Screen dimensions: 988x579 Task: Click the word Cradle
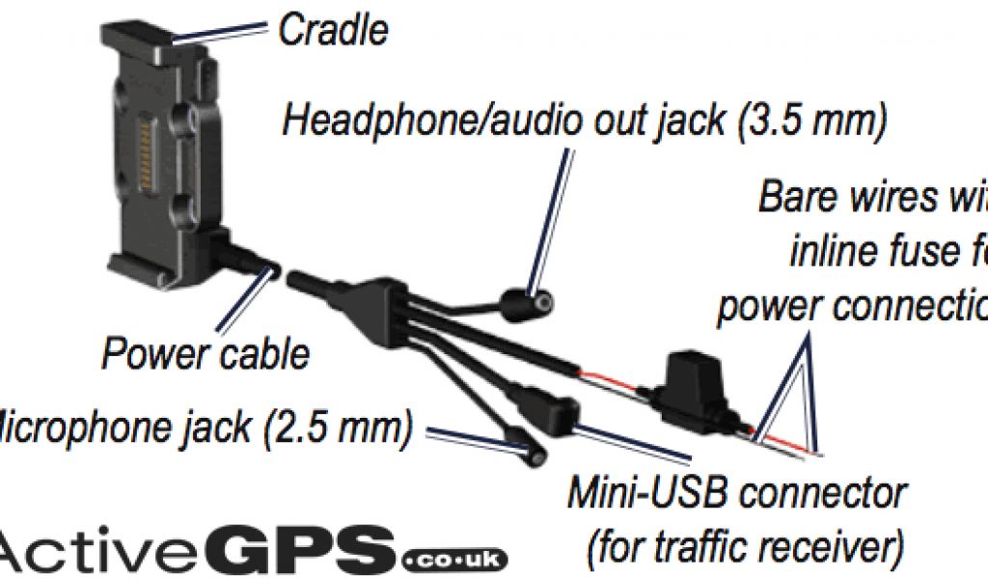coord(333,30)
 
